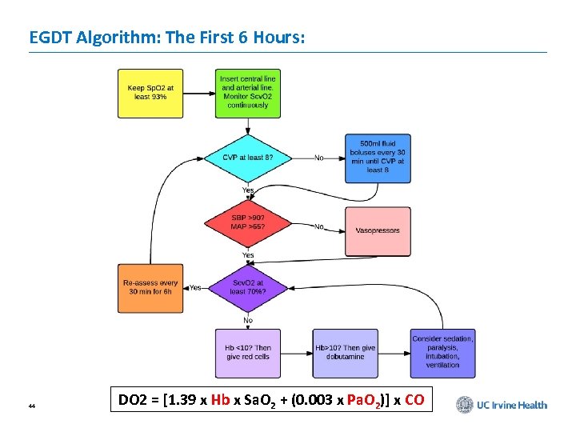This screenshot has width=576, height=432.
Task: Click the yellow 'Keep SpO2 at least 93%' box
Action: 150,93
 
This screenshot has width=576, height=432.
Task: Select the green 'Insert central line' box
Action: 247,93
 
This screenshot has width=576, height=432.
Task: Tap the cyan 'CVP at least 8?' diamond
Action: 247,158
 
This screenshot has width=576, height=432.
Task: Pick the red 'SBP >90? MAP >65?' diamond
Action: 248,222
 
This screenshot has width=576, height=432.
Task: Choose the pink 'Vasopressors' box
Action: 378,230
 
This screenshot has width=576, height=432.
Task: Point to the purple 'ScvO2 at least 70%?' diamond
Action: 247,286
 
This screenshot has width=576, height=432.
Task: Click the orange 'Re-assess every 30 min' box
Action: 150,287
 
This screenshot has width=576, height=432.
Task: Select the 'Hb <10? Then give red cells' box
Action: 248,353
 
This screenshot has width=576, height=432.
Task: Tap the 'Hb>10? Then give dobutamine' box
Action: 345,353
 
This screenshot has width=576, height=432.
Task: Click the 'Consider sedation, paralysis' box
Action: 442,353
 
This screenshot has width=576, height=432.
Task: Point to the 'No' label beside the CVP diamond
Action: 319,158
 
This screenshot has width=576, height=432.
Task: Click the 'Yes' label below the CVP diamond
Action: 248,190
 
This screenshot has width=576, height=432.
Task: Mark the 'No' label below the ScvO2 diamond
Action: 248,320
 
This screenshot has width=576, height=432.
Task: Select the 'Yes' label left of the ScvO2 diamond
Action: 195,287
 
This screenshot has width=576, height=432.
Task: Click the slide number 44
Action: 31,406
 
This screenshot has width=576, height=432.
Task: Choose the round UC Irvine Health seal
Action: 465,405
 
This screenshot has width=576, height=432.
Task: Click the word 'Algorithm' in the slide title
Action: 117,37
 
